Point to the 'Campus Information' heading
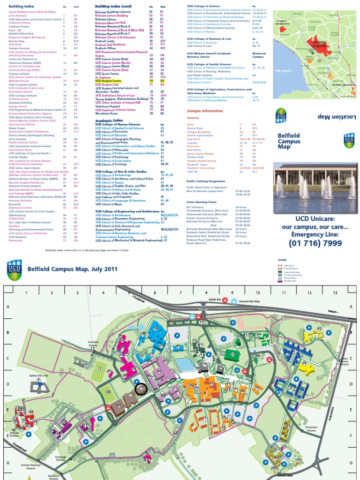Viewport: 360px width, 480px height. tap(205, 111)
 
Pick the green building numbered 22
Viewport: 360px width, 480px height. tap(232, 354)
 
